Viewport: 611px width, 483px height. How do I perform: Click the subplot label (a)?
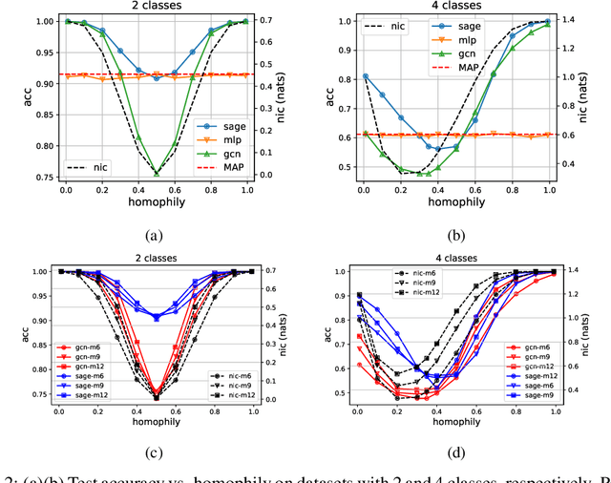(x=155, y=234)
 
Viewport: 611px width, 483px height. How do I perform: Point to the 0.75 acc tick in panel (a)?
(x=32, y=175)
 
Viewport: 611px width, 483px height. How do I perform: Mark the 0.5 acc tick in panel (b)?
(x=334, y=168)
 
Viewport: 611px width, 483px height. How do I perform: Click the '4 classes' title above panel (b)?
(x=457, y=7)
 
